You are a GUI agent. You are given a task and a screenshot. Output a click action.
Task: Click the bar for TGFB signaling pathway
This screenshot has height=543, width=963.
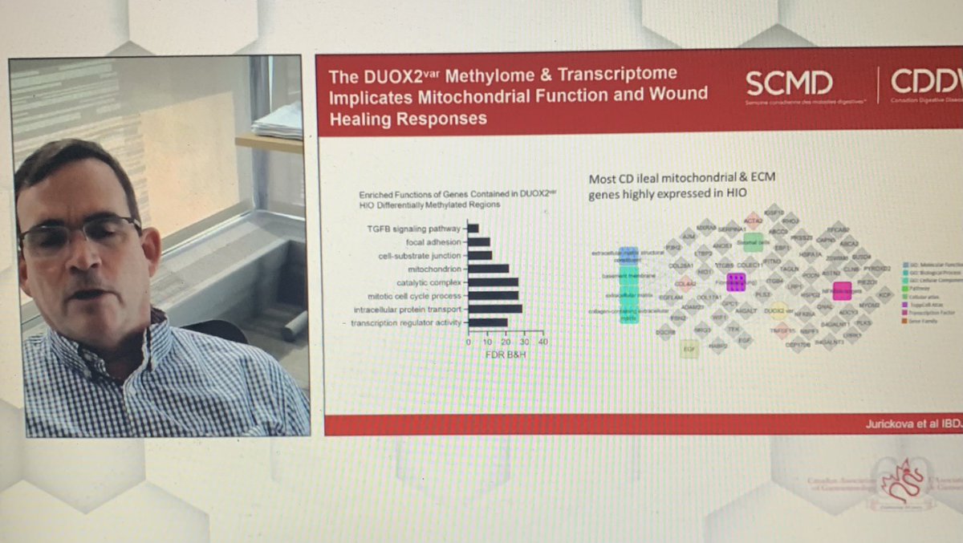pos(473,228)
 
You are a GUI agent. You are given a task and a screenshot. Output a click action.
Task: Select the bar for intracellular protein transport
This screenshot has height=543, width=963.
pos(494,308)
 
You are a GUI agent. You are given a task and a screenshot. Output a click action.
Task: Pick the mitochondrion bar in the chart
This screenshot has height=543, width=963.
pos(488,269)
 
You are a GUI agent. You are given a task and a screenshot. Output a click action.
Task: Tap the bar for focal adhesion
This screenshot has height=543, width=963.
pos(479,241)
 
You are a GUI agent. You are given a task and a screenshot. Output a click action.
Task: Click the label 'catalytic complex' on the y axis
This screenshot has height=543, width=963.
pos(429,282)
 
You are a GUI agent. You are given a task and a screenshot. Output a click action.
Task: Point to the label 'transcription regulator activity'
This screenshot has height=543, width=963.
pos(407,322)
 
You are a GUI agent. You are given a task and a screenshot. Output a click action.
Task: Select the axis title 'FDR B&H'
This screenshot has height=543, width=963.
pos(505,354)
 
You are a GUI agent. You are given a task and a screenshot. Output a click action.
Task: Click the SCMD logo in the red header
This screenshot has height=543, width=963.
pos(788,83)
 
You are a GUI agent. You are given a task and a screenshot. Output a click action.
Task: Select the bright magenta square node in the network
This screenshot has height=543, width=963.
pos(842,290)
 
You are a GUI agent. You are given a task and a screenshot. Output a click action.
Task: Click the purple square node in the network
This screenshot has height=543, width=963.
pos(735,282)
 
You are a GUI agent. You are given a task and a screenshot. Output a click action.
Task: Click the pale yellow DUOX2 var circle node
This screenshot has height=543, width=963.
pos(777,310)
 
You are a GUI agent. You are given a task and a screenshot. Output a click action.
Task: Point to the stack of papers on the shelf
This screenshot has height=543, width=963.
pos(276,120)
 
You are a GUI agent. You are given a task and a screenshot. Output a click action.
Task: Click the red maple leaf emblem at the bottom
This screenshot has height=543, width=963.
pos(897,483)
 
